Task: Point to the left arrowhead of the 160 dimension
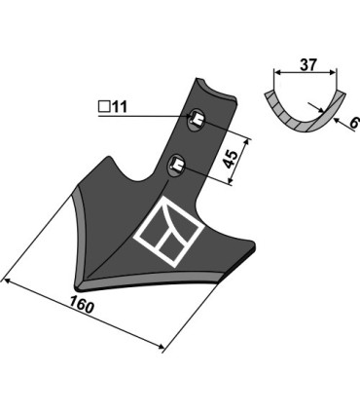pyautogui.click(x=7, y=281)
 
